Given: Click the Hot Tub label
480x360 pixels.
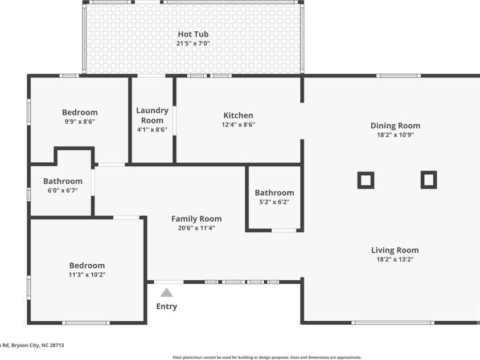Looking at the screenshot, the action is coord(193,34).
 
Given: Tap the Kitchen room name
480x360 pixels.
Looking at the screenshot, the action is coord(238,116).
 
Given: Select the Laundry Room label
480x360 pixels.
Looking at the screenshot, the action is coord(152,116).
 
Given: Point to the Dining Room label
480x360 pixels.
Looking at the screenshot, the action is coord(395,126).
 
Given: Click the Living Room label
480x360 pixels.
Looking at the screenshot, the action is coord(395,251).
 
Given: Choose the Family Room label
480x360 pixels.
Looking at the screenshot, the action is coord(196,219).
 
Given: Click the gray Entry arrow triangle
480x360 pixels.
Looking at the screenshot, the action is coord(166,293).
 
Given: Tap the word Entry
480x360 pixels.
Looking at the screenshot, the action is coord(166,306).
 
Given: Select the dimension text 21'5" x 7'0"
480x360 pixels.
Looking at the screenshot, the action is coord(193,43).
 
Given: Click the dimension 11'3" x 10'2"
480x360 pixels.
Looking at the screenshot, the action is coord(87,275).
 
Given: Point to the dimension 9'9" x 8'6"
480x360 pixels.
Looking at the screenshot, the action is coord(80,121).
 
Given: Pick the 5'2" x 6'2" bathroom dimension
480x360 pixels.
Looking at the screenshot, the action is coord(274,202).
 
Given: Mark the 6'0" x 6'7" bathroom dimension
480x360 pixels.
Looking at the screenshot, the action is coord(63,190).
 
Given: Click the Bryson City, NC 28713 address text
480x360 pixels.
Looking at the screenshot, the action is coord(38,345).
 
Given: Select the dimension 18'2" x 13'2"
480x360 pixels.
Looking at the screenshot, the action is coord(395,260).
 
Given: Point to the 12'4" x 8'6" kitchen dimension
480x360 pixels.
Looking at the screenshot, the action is coord(238,125).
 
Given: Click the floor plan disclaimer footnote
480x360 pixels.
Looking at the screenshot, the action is coord(267,357).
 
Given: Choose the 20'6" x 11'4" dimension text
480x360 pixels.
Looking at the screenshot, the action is coord(196,228).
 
